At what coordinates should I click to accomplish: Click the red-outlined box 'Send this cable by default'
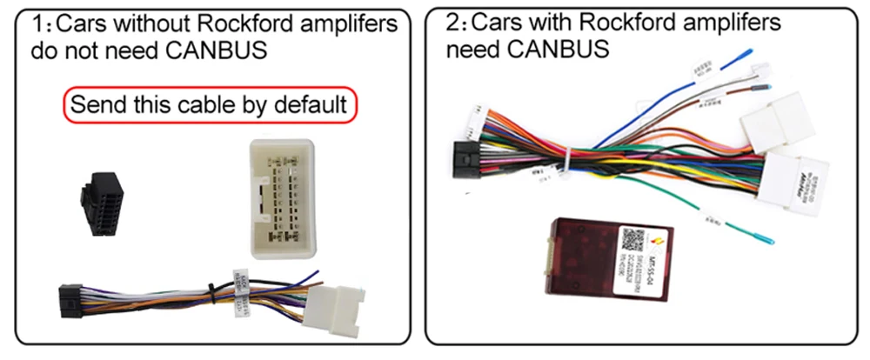tap(209, 105)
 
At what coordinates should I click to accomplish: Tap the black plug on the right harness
tap(466, 159)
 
